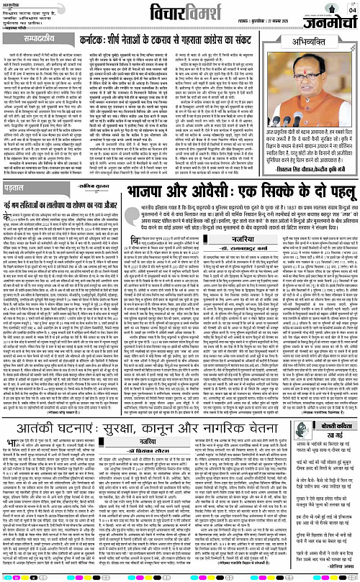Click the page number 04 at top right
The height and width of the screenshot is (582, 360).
click(351, 9)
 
